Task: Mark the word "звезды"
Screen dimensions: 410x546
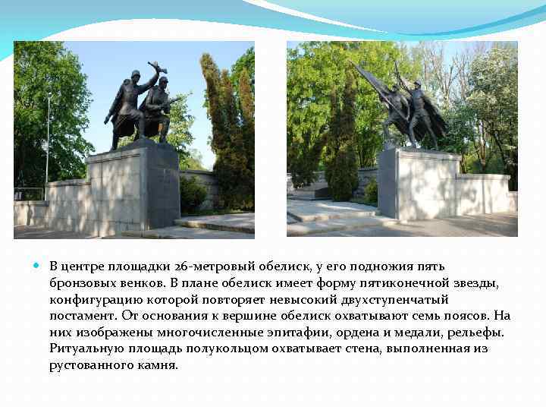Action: [476, 282]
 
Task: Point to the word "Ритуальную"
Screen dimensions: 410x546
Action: [84, 348]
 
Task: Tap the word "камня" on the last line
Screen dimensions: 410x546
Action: [158, 365]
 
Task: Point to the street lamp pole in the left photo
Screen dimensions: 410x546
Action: [48, 144]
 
